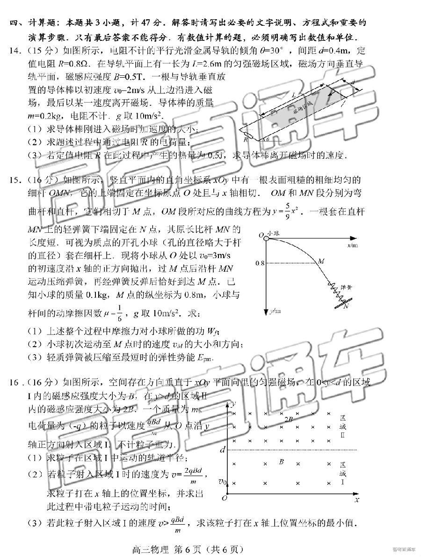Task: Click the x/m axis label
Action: click(354, 245)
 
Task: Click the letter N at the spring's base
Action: click(346, 306)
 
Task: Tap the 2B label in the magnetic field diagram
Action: click(289, 419)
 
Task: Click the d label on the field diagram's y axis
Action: click(223, 449)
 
